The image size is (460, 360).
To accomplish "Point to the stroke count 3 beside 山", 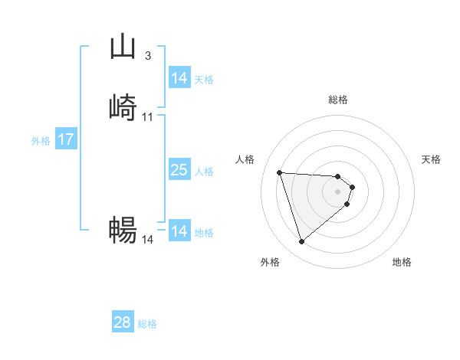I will point(148,56).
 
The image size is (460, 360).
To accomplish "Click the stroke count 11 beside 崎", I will point(148,116).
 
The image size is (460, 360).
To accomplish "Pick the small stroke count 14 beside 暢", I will point(148,240).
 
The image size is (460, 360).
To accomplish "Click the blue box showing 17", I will point(66,140).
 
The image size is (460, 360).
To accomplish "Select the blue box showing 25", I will point(179,171).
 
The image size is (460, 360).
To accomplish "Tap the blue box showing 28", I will point(123,322).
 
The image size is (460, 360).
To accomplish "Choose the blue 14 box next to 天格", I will point(179,78).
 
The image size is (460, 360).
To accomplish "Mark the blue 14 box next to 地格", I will point(179,231).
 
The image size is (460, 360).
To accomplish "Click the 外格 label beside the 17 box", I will point(41,141).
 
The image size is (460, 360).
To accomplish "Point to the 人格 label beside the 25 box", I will point(205,172).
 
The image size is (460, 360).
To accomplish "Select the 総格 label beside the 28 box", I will point(147,324).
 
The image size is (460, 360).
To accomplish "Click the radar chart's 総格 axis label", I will point(338,100).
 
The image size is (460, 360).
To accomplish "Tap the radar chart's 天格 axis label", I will point(432,159).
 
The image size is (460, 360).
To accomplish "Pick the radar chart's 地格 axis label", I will point(402,262).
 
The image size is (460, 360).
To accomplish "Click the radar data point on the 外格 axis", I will point(301,242).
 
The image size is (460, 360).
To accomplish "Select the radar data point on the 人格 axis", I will point(280,172).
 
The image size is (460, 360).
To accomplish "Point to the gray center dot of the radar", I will point(338,191).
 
